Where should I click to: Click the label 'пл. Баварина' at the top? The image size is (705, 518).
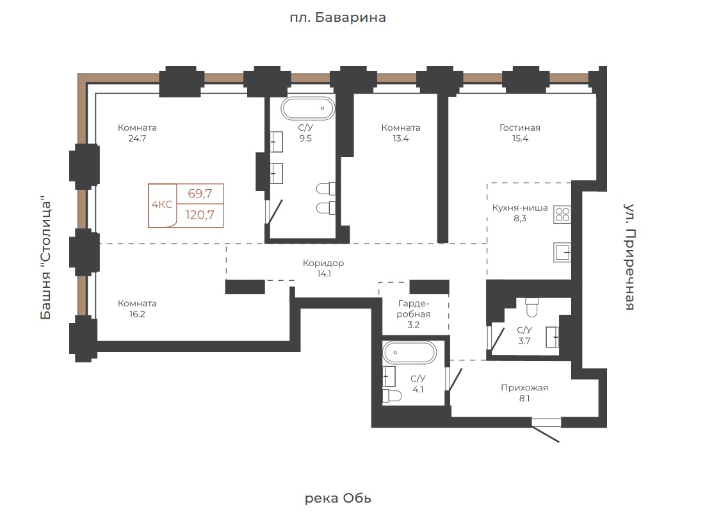[337, 17]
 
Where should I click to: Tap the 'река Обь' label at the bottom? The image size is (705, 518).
[338, 498]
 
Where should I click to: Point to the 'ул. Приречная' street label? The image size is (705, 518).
[630, 256]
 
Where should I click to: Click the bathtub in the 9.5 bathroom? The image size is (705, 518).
[308, 108]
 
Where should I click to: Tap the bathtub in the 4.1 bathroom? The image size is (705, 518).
[409, 353]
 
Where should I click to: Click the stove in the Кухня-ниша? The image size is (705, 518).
[562, 214]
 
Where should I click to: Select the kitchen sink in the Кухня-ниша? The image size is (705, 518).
[562, 253]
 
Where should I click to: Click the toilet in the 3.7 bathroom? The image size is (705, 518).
[532, 308]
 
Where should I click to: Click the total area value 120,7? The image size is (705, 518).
[200, 215]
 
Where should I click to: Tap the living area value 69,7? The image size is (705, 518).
[200, 194]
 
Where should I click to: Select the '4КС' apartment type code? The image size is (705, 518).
[162, 205]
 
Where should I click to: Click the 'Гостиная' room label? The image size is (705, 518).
[520, 128]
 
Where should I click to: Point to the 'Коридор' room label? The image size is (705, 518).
[323, 263]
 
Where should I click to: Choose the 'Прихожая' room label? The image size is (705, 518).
[524, 387]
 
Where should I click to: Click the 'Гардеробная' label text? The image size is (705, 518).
[414, 309]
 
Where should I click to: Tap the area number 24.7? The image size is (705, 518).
[137, 138]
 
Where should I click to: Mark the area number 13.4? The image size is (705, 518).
[401, 138]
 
